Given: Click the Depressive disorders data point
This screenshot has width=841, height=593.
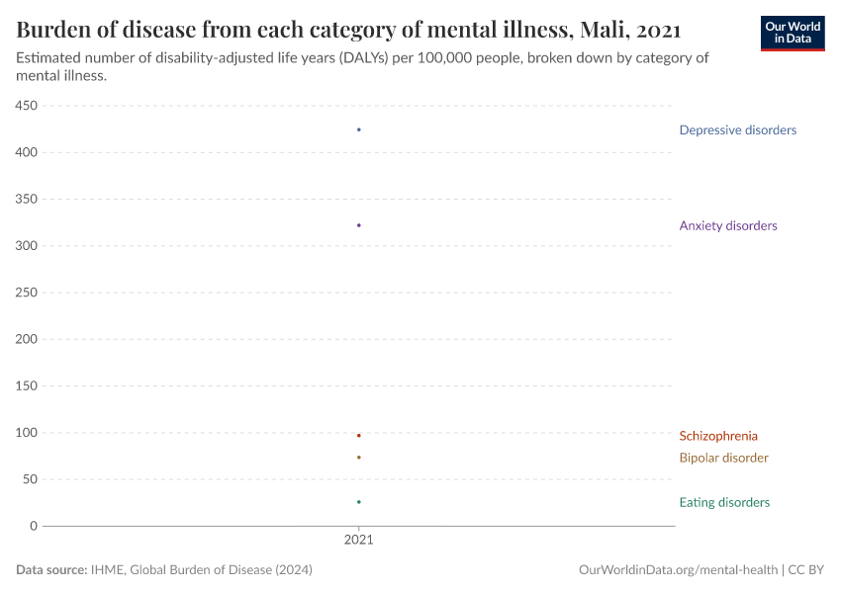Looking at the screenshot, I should [x=358, y=129].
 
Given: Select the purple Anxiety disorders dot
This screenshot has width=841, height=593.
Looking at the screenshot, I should [x=358, y=225].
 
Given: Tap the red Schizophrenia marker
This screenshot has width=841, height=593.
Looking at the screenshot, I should [x=358, y=436].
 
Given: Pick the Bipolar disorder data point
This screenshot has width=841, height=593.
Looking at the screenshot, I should [x=358, y=458].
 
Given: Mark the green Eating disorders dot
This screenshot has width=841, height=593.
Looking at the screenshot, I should [x=358, y=502].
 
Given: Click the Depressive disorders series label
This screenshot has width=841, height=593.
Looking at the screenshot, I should [x=737, y=130].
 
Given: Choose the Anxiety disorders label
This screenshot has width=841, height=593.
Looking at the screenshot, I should [x=727, y=226].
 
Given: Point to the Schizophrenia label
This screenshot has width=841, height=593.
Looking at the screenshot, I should [x=718, y=436].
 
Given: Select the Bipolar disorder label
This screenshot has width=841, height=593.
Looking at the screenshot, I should [x=723, y=458].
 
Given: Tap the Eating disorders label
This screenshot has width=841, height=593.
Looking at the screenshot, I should [x=723, y=503].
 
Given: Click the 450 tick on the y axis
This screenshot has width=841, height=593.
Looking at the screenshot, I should [x=26, y=106].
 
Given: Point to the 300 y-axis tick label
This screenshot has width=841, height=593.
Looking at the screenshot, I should [x=26, y=246].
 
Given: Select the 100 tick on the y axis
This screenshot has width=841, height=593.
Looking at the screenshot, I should [x=26, y=433].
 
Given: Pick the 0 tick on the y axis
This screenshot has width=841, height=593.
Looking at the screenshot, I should [x=33, y=526].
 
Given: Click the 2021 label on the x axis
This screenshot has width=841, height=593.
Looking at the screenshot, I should [x=358, y=541].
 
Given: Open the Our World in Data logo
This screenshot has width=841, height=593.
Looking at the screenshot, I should [x=792, y=33].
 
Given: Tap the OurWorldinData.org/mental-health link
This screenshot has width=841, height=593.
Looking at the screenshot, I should [x=677, y=570].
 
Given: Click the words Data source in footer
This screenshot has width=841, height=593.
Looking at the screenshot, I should [x=50, y=570].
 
